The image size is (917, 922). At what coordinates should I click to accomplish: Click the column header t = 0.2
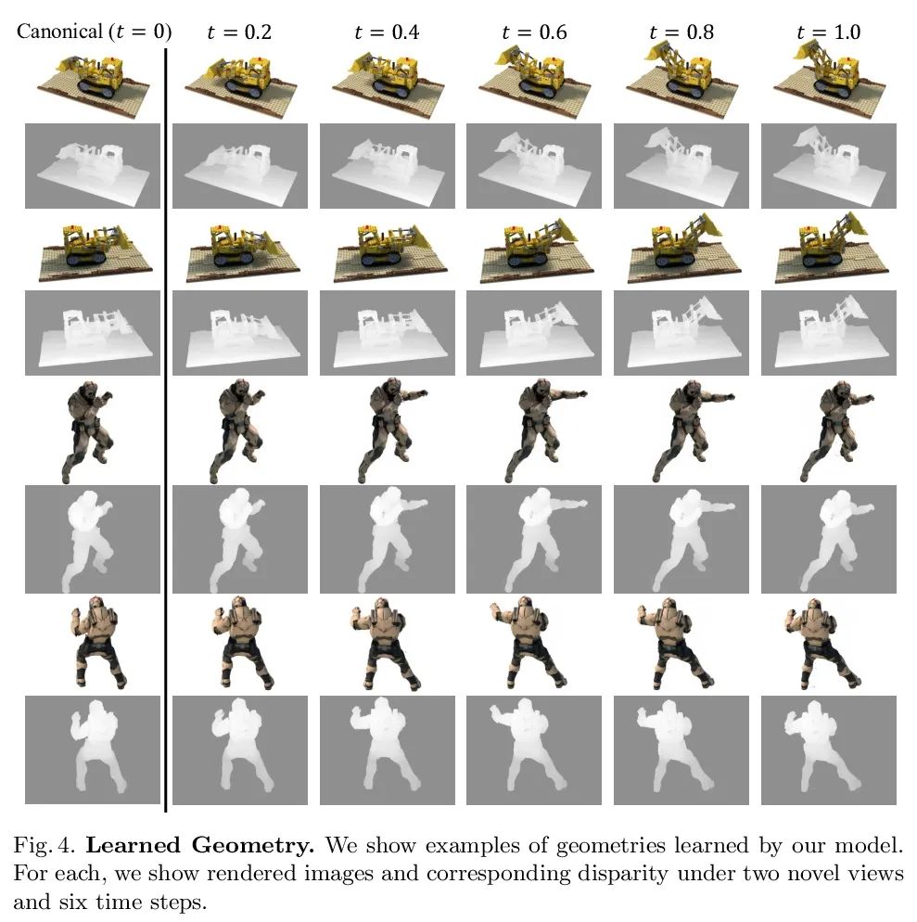pos(239,32)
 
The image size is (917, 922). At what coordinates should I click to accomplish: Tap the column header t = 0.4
pos(387,32)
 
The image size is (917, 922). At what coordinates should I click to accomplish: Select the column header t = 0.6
pos(534,32)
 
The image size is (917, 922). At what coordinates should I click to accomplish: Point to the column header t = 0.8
pos(681,32)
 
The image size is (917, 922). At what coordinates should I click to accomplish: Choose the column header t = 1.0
pos(828,32)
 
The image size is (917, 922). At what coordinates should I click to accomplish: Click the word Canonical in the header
pos(59,32)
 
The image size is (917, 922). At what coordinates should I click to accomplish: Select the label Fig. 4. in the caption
pos(45,846)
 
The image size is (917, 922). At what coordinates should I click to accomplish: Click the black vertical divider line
pos(166,430)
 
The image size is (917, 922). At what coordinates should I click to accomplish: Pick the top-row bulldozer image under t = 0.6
pos(534,83)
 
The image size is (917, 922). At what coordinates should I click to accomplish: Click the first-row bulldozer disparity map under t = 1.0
pos(829,166)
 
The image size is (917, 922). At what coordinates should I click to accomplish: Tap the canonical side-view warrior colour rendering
pos(88,431)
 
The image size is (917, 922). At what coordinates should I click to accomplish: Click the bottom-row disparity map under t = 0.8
pos(681,749)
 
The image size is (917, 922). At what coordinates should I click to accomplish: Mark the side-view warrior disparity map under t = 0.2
pos(240,539)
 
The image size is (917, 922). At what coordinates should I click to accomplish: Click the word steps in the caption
pos(179,903)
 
